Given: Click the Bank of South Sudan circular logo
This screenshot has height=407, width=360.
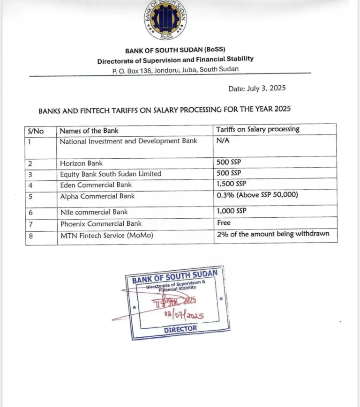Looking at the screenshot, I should click(x=166, y=21).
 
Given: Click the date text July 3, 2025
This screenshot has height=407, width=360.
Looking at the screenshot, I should click(x=257, y=88).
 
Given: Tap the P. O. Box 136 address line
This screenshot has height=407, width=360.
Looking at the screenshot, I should click(x=175, y=69).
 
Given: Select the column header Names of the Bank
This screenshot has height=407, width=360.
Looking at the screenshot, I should click(x=89, y=131).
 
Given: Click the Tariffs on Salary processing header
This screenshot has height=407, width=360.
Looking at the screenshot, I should click(x=257, y=129).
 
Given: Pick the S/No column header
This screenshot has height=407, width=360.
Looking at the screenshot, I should click(x=36, y=131).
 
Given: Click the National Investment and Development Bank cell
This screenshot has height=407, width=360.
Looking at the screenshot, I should click(x=128, y=141).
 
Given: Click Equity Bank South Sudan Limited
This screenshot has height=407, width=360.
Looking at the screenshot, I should click(x=110, y=174).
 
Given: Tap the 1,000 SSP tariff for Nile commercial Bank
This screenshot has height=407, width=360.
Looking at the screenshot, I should click(x=231, y=211).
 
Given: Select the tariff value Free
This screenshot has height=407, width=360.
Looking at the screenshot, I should click(x=224, y=223).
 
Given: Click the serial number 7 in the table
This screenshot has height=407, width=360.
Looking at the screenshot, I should click(x=31, y=224).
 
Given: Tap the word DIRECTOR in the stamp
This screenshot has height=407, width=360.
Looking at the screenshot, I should click(x=180, y=329).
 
